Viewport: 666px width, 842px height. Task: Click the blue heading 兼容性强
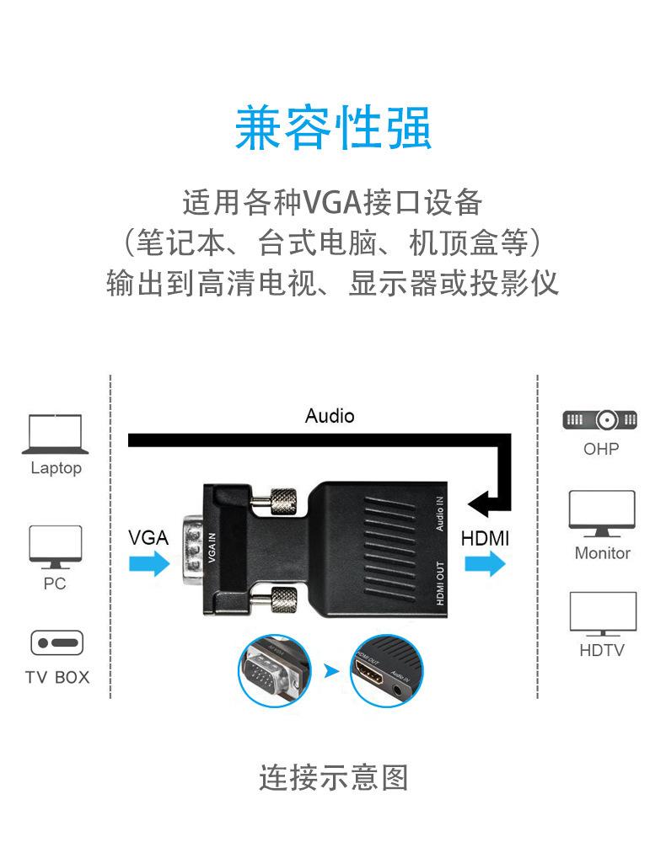[x=332, y=129]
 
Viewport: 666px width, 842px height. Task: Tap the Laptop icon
[x=56, y=434]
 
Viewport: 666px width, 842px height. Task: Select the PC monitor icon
[x=56, y=546]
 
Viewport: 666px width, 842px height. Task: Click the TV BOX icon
[x=56, y=643]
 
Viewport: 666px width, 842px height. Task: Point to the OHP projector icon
[x=599, y=419]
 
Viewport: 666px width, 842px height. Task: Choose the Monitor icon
[x=602, y=513]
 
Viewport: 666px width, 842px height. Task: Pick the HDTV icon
[x=602, y=614]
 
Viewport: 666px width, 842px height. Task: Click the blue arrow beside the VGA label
[x=148, y=564]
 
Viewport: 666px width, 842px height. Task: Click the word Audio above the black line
[x=330, y=416]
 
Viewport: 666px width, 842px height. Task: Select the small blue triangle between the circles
[x=331, y=671]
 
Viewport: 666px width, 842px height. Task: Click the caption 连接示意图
[x=333, y=776]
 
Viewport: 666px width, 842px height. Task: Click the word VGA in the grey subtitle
[x=332, y=203]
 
